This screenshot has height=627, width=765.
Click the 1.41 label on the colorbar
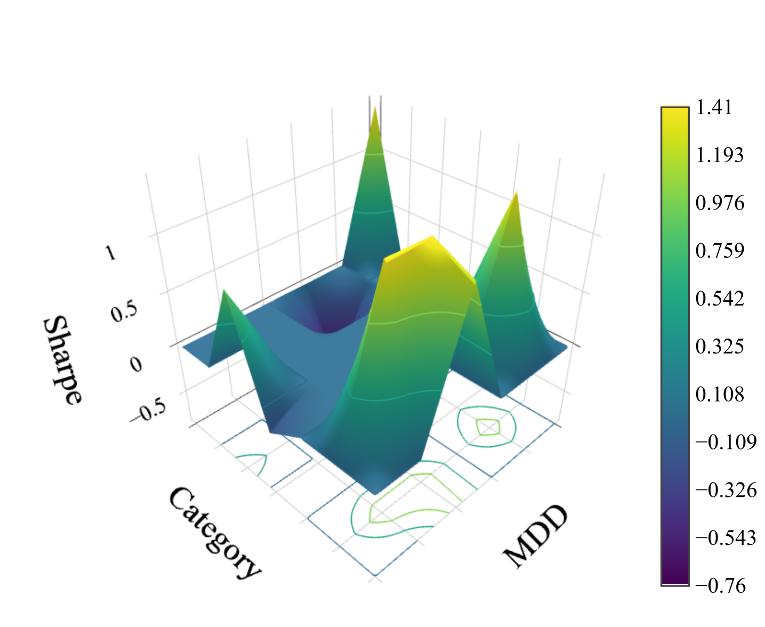(x=714, y=107)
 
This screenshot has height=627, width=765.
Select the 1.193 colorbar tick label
(x=719, y=155)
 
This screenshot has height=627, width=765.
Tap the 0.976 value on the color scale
(x=719, y=203)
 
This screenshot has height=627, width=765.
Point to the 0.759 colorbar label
(x=719, y=251)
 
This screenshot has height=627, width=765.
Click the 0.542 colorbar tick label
(x=719, y=299)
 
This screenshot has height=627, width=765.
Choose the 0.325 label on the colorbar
(x=719, y=347)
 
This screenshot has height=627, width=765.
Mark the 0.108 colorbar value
(x=719, y=395)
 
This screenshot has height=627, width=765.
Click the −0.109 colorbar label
(x=726, y=442)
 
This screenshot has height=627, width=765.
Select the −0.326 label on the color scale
(x=726, y=490)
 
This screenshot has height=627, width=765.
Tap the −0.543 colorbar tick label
(x=726, y=537)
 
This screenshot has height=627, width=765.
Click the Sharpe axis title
(x=62, y=360)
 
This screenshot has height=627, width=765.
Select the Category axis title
(x=214, y=532)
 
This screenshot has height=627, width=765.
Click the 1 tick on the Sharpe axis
(x=110, y=253)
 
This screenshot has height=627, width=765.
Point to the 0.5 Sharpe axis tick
(x=124, y=311)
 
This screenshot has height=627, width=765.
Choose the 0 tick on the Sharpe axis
(x=136, y=365)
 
